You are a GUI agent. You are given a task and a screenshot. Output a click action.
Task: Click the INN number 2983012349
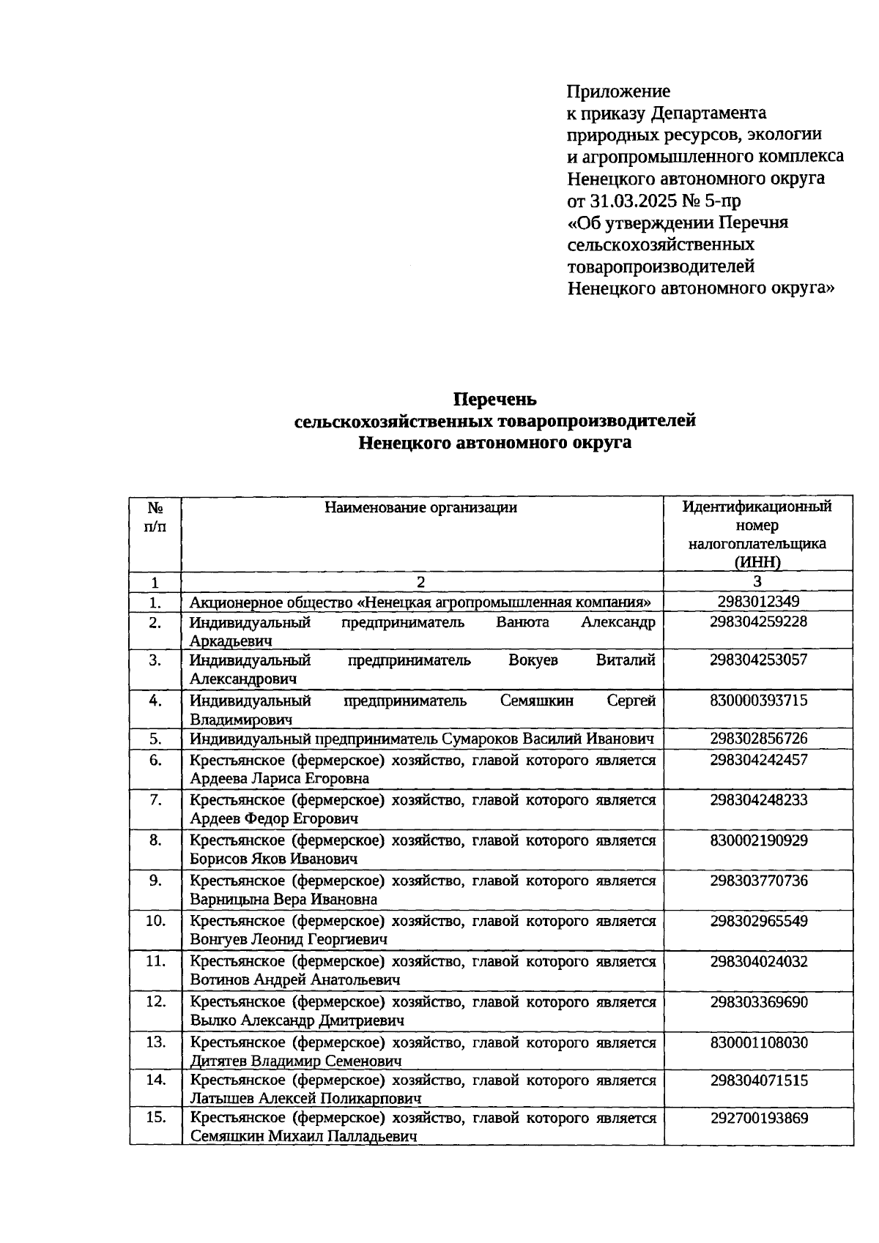click(x=758, y=602)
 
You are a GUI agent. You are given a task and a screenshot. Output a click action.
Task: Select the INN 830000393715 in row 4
click(x=758, y=701)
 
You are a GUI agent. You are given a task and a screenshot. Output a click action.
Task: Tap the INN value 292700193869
click(x=758, y=1118)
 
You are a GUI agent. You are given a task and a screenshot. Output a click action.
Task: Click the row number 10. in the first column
click(x=155, y=921)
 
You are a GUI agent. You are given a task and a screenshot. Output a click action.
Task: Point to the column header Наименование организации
click(x=421, y=507)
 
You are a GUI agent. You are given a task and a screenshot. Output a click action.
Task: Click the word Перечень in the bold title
click(x=494, y=400)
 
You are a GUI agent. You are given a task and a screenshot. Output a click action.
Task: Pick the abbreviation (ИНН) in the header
click(x=757, y=562)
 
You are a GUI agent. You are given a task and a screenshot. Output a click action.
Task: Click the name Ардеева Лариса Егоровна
click(x=279, y=778)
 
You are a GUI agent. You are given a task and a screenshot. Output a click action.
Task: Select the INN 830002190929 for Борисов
click(x=758, y=840)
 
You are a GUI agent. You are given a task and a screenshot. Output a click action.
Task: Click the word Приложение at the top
click(x=618, y=92)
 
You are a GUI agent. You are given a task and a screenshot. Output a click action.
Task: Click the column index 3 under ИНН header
click(x=757, y=581)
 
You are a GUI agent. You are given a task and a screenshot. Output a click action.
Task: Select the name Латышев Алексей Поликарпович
click(x=305, y=1098)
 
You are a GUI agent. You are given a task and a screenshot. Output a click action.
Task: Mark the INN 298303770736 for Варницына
click(x=758, y=880)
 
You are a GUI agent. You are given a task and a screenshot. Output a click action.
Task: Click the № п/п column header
click(x=155, y=517)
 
